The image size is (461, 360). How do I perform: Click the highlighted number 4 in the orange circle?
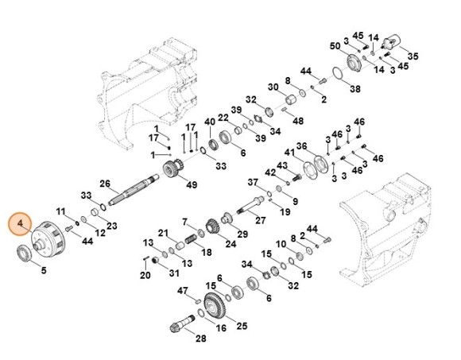point(20,223)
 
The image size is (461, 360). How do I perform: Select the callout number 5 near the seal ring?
point(44,270)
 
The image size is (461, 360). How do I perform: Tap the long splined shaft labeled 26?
point(134,189)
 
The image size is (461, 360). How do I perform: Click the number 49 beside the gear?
point(192,185)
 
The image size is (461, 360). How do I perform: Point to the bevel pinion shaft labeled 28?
point(182,323)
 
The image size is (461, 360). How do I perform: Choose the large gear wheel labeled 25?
point(215,307)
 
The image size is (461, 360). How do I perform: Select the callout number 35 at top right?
point(413,56)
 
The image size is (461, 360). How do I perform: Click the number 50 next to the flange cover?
point(335,46)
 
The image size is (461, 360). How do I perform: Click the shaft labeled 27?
point(250,205)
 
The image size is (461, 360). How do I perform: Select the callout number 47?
point(182,291)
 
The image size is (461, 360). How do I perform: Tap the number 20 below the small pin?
point(145,275)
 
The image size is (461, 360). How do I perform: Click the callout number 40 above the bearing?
point(210,122)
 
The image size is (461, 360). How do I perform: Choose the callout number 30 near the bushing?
point(273,87)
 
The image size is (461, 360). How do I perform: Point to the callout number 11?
point(61,211)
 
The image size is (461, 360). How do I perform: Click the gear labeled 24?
point(212,226)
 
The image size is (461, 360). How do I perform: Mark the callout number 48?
point(298,121)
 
